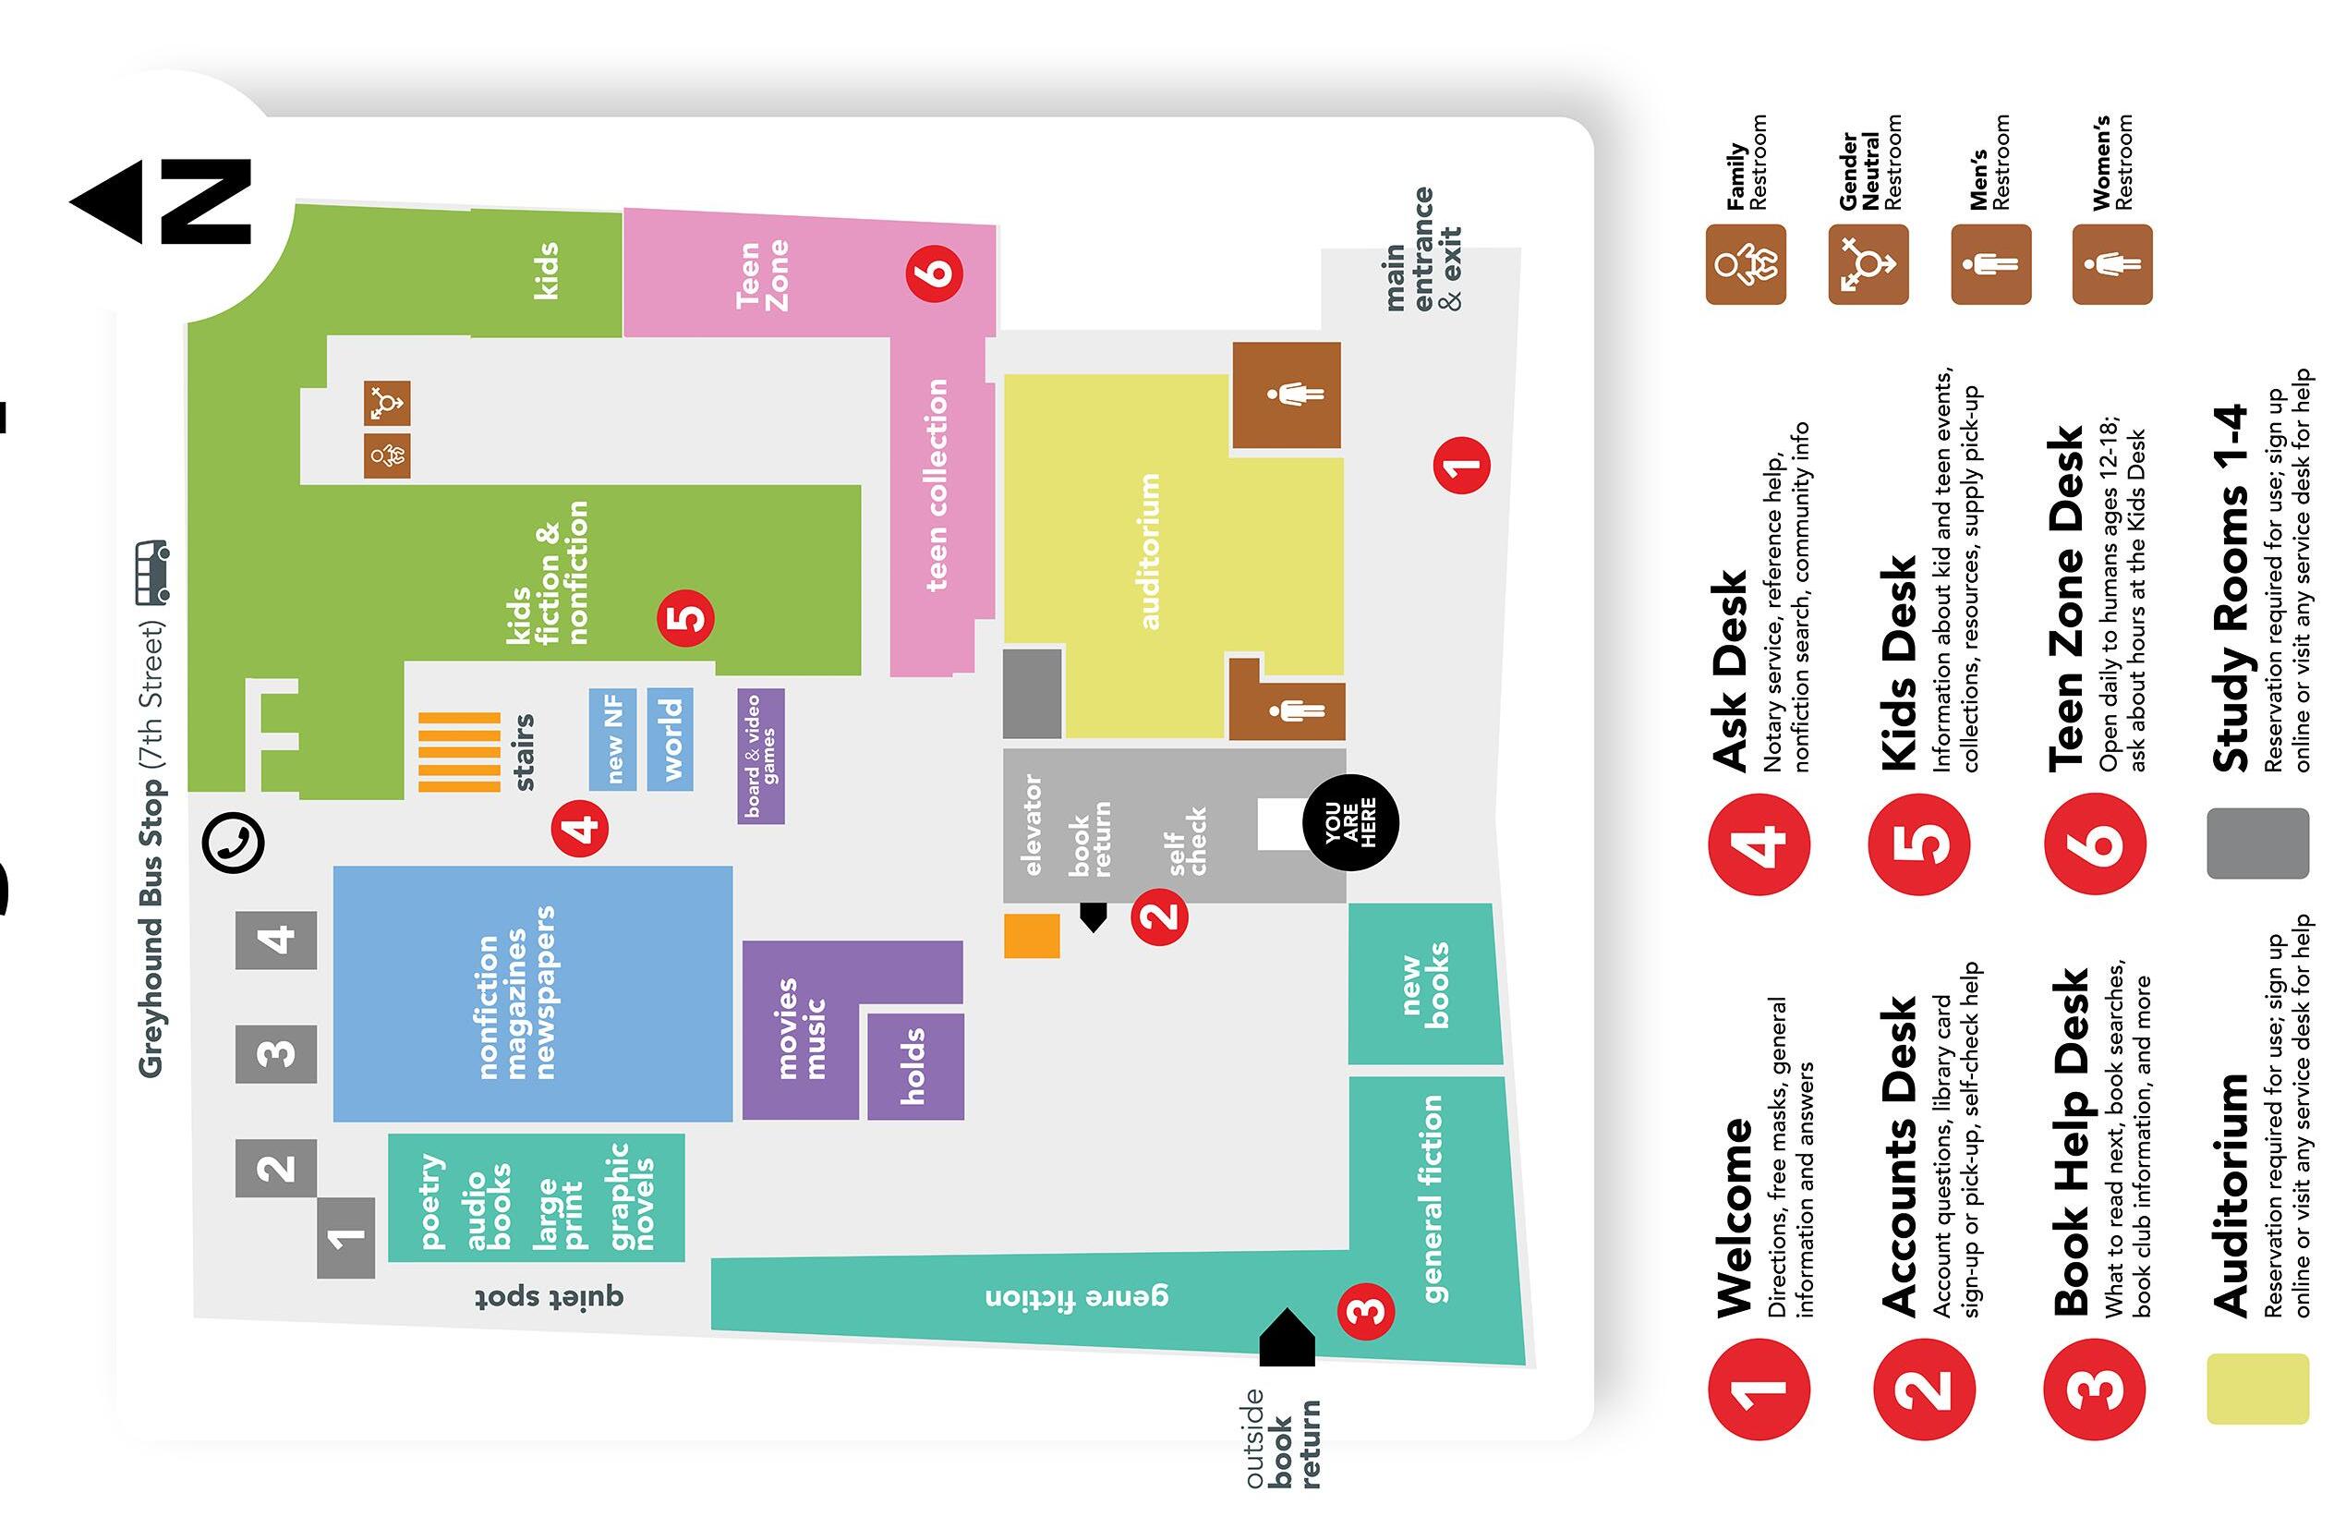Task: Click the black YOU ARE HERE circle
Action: click(1350, 822)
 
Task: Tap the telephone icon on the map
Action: click(234, 842)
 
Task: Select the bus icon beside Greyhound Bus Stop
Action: click(152, 572)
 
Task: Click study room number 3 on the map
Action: click(275, 1054)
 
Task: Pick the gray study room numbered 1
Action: click(345, 1238)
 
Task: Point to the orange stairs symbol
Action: click(459, 752)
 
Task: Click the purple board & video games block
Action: click(761, 756)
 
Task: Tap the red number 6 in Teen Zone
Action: click(935, 271)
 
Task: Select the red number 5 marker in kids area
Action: click(685, 618)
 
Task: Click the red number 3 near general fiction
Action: click(1366, 1310)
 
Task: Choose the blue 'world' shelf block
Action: click(671, 739)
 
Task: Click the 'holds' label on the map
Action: click(914, 1066)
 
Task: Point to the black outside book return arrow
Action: click(1286, 1338)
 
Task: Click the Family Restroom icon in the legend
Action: click(1745, 265)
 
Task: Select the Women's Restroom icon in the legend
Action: click(2111, 265)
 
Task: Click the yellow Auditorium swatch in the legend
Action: click(2256, 1389)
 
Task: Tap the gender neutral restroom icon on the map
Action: click(387, 403)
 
